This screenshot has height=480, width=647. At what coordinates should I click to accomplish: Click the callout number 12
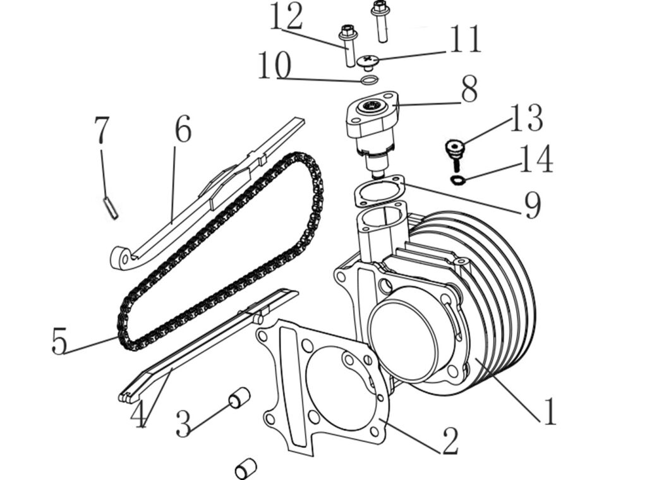(286, 16)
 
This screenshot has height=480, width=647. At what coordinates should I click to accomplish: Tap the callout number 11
(466, 39)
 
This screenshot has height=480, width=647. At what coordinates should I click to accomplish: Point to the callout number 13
(526, 118)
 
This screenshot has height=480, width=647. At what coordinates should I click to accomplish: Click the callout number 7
(102, 129)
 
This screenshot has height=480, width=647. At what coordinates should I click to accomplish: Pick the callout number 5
(59, 340)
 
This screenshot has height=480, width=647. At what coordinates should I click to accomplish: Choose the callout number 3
(183, 424)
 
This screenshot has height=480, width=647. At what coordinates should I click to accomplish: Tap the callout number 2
(450, 441)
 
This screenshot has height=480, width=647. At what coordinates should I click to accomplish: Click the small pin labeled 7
(110, 207)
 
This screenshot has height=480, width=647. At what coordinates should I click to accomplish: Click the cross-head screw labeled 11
(368, 63)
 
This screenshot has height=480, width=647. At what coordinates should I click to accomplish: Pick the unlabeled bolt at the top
(380, 21)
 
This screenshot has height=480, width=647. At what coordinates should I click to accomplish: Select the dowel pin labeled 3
(239, 397)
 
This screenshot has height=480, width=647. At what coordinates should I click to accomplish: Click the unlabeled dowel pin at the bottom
(246, 469)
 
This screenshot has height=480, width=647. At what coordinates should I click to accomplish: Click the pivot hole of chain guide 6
(125, 259)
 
